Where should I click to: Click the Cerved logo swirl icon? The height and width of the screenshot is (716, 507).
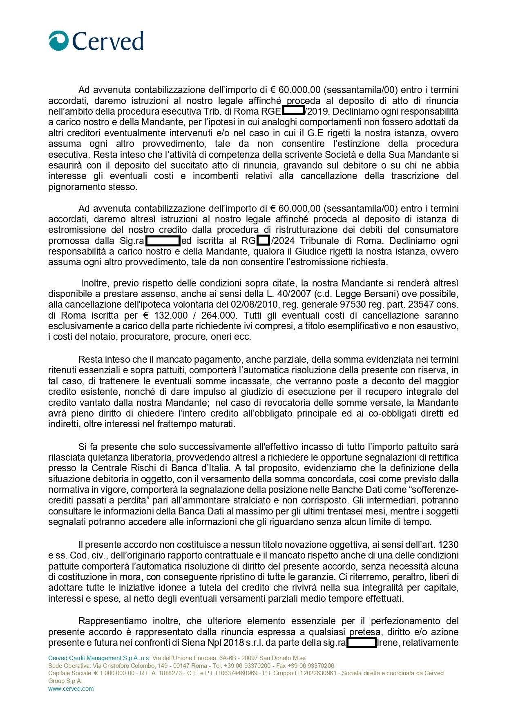point(59,41)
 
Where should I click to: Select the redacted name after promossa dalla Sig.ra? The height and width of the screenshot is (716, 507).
point(163,240)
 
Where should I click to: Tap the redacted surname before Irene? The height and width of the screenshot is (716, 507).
point(362,643)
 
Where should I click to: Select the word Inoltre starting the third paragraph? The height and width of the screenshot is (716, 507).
point(95,283)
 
